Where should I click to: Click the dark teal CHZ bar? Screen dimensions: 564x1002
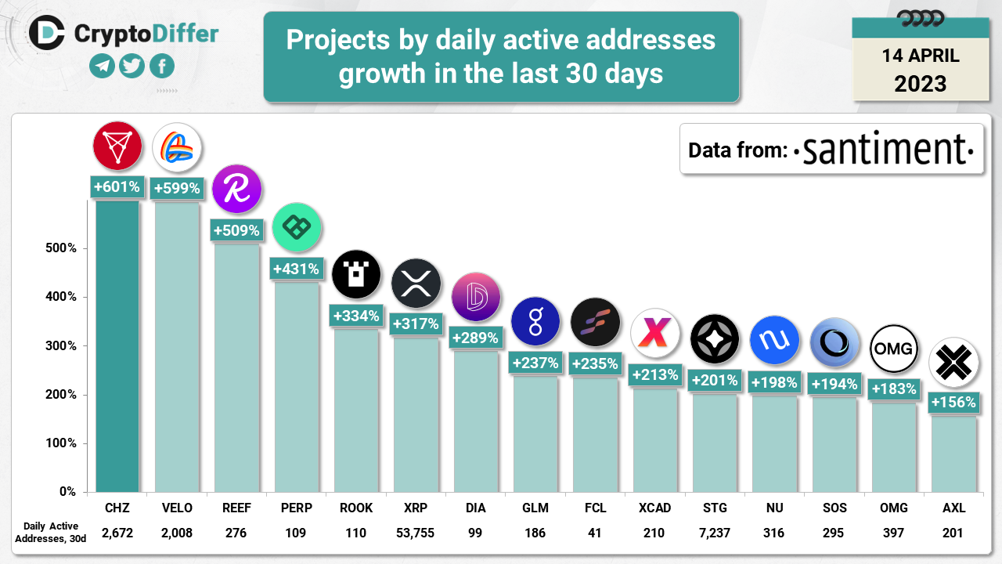click(117, 345)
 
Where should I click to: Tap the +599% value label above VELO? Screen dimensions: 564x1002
click(177, 188)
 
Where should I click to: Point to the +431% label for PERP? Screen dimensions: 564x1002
click(296, 269)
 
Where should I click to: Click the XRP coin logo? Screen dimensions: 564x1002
click(416, 283)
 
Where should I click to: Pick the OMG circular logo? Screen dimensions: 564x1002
click(893, 347)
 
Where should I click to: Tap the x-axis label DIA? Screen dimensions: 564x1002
click(475, 508)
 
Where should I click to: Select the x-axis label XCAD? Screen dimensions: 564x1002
click(654, 508)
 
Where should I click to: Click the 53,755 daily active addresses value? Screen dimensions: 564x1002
click(416, 533)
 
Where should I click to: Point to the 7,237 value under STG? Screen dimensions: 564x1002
click(714, 533)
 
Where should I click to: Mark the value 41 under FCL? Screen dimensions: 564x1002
click(595, 533)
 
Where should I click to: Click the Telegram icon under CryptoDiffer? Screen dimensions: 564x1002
click(102, 67)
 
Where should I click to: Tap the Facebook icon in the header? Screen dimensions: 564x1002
click(161, 67)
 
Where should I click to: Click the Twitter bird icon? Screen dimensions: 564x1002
click(132, 67)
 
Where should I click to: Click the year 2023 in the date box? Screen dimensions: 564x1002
click(920, 83)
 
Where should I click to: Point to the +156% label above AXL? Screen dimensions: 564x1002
click(953, 403)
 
